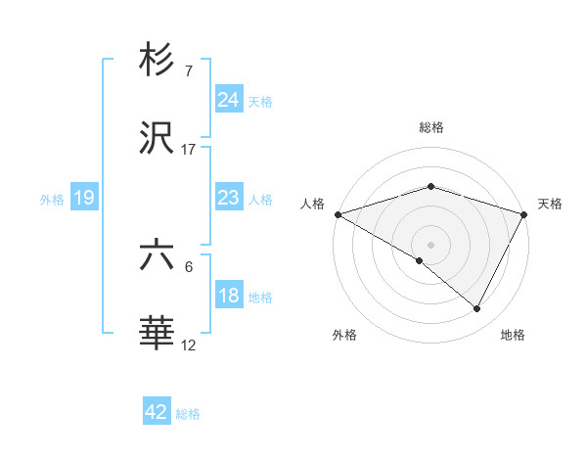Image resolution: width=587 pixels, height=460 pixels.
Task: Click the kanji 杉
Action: (x=158, y=61)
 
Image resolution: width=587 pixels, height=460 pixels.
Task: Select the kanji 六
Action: (x=158, y=255)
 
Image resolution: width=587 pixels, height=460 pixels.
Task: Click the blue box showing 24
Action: (x=228, y=100)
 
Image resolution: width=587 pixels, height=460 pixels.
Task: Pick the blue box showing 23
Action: (x=228, y=198)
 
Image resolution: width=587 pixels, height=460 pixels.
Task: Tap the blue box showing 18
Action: (x=228, y=296)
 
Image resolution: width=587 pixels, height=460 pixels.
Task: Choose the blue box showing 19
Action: (x=84, y=198)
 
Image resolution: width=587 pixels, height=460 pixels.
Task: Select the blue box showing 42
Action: (x=157, y=412)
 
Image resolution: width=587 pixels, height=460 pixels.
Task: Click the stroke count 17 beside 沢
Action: (x=189, y=150)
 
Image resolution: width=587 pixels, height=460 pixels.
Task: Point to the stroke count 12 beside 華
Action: (x=189, y=345)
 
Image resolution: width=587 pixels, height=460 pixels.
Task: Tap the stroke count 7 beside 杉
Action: (x=189, y=70)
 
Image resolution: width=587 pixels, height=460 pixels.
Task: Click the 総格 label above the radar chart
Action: (x=430, y=127)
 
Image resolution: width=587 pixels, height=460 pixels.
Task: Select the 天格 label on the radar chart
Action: (x=550, y=204)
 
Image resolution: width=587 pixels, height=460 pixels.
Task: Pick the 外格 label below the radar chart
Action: (x=344, y=335)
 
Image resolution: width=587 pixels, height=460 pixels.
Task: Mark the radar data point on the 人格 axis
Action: (x=338, y=214)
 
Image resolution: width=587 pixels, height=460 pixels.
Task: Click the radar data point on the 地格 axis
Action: (x=477, y=308)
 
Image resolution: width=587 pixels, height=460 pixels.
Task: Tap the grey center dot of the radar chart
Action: (x=430, y=244)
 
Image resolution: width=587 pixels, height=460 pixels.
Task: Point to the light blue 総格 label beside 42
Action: (x=188, y=414)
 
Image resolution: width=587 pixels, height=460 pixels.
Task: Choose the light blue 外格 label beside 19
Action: (x=52, y=199)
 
